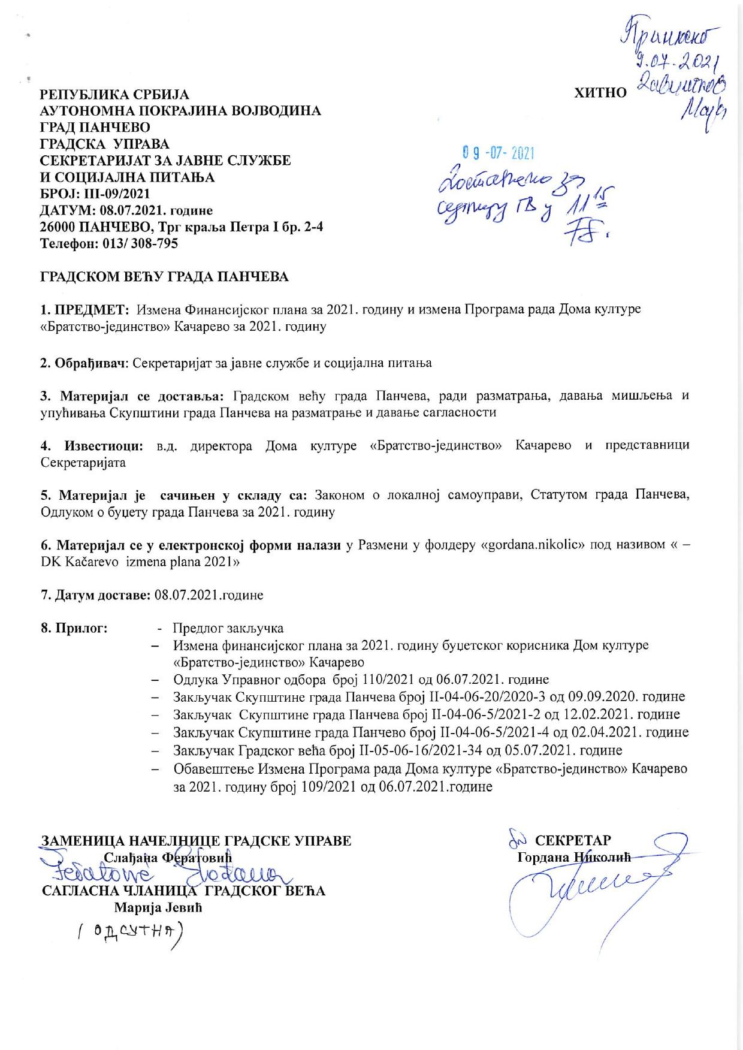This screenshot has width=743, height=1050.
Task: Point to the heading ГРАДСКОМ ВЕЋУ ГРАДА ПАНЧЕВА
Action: pos(164,277)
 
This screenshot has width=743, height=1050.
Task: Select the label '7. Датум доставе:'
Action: pos(95,596)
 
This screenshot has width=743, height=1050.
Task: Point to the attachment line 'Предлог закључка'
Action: pos(228,628)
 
